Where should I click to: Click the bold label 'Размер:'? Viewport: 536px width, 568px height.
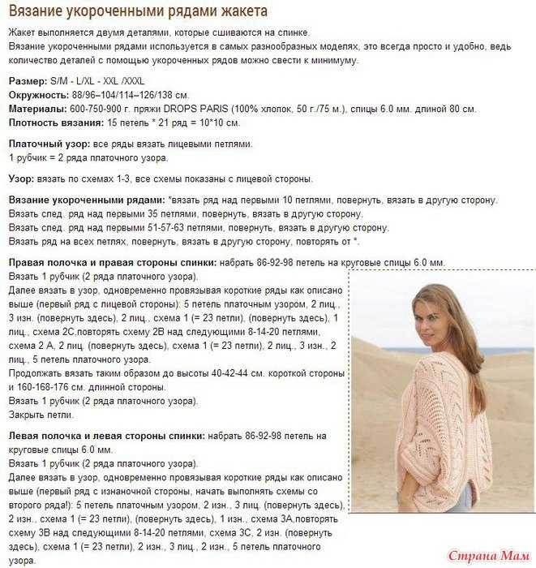(x=29, y=83)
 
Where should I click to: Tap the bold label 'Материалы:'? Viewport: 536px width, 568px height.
(x=37, y=109)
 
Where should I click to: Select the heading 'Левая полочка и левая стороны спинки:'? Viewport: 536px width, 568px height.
(x=106, y=436)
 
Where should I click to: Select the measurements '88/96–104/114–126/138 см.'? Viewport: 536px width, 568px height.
(x=132, y=96)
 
